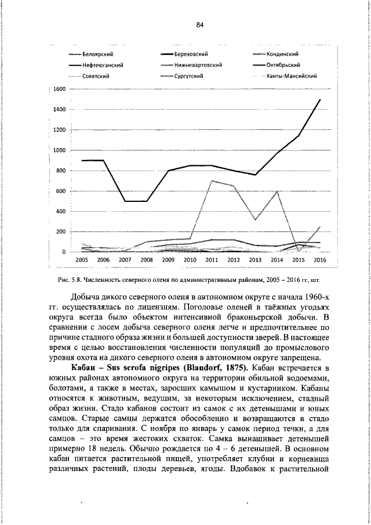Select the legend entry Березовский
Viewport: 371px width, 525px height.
pos(195,55)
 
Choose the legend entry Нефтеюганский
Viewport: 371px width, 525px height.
pos(106,65)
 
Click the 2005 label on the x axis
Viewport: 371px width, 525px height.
pos(82,261)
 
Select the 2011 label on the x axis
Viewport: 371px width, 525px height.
pos(212,261)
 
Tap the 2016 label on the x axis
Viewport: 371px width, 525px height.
pos(321,261)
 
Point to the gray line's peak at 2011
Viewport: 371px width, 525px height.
pos(212,180)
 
